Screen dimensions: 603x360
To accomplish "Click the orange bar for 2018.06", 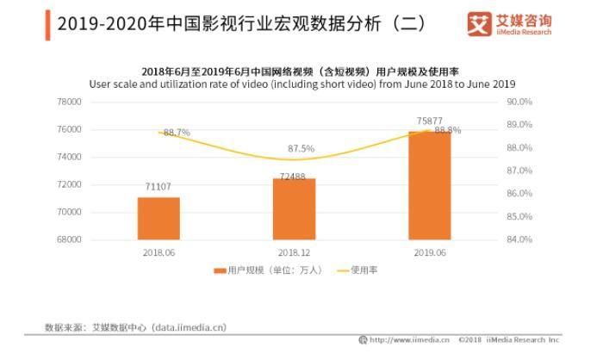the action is (159, 219).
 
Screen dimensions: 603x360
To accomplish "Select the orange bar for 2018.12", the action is (295, 208).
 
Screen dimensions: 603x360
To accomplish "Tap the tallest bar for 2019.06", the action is (430, 185).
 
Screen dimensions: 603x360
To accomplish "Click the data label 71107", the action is (158, 187).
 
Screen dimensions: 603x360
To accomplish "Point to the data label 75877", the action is (430, 121).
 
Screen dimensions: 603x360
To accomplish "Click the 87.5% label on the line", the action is (301, 148).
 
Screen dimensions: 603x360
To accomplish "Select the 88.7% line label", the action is (177, 133).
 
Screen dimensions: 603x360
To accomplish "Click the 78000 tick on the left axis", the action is (69, 102).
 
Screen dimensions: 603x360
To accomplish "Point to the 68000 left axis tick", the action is (69, 239).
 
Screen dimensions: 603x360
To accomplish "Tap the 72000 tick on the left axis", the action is (69, 184).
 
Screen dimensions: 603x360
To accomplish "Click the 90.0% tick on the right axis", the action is (519, 102).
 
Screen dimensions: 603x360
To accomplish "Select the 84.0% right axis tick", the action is (519, 239).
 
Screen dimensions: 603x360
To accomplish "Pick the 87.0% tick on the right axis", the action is (519, 171).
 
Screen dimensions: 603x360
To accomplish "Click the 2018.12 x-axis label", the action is (295, 252).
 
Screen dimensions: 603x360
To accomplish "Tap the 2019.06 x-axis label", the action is (430, 252).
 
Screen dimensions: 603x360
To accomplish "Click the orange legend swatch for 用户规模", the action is (220, 270).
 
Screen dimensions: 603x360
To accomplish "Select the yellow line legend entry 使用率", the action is (357, 270).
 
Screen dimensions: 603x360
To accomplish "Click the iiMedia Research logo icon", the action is (479, 24).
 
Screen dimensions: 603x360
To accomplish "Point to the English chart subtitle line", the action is (302, 84).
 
